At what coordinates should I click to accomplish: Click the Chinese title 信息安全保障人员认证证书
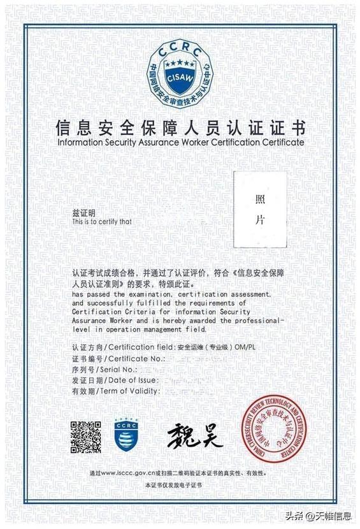click(180, 126)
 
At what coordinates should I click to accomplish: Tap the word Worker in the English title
click(201, 142)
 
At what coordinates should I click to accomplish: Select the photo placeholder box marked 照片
click(259, 209)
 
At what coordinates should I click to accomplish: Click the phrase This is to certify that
click(102, 222)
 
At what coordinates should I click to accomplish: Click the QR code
click(86, 437)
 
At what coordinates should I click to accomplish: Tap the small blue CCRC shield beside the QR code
click(127, 435)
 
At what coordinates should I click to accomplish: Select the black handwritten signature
click(196, 435)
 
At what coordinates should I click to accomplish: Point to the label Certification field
click(141, 347)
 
